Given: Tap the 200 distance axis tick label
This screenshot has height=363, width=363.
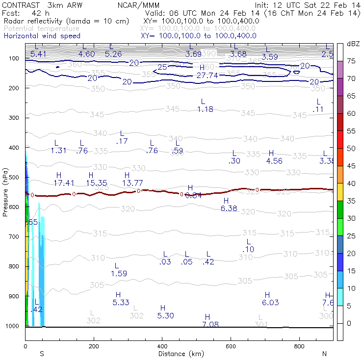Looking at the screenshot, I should tap(94, 346).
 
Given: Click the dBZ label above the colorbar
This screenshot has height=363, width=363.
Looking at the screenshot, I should tap(353, 44).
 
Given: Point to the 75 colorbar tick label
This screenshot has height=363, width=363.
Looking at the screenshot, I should tap(351, 61).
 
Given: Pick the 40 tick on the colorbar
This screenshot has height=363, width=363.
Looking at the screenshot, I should tap(351, 183).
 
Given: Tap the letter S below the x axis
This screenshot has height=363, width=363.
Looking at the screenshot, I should tap(42, 354).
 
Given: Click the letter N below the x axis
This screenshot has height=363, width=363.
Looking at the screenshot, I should tap(324, 354).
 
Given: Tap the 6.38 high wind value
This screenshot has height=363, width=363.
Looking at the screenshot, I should tap(229, 208).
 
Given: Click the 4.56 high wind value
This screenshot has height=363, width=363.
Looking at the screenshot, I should tap(274, 161).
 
